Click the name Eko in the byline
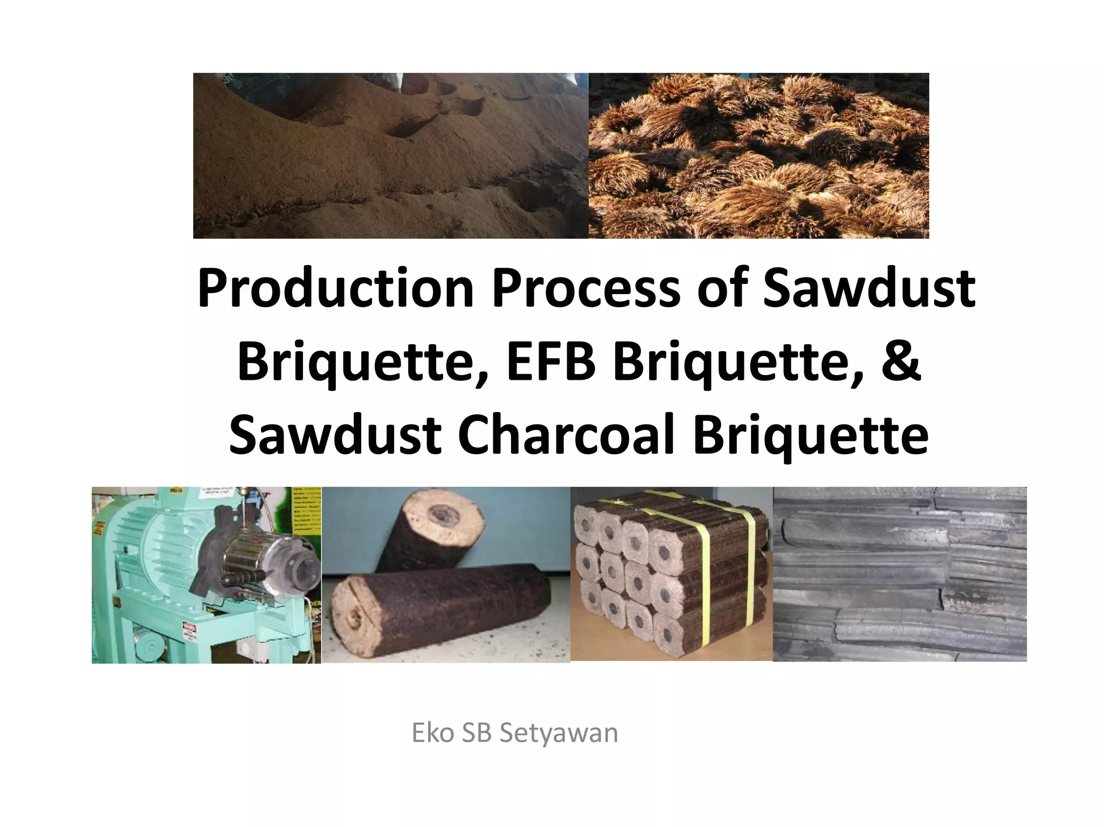[x=431, y=734]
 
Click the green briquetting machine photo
[x=206, y=575]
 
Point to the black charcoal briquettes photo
[x=899, y=574]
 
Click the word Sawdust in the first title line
[x=868, y=289]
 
